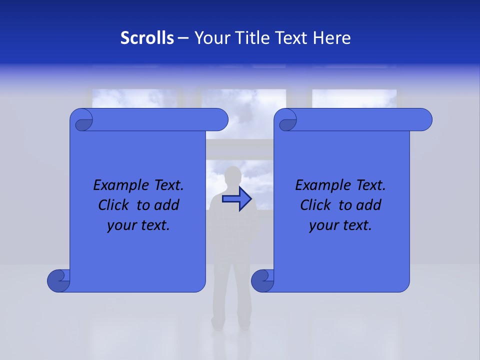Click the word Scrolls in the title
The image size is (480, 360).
coord(147,38)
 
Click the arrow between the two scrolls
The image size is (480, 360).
coord(237,199)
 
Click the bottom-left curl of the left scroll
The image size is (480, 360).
coord(58,280)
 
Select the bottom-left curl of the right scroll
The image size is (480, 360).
coord(262,280)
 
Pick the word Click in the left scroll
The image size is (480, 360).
coord(114,205)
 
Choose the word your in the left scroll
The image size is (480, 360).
coord(121,225)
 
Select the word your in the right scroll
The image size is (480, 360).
coord(323,225)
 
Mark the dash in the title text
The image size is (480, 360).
coord(183,38)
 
